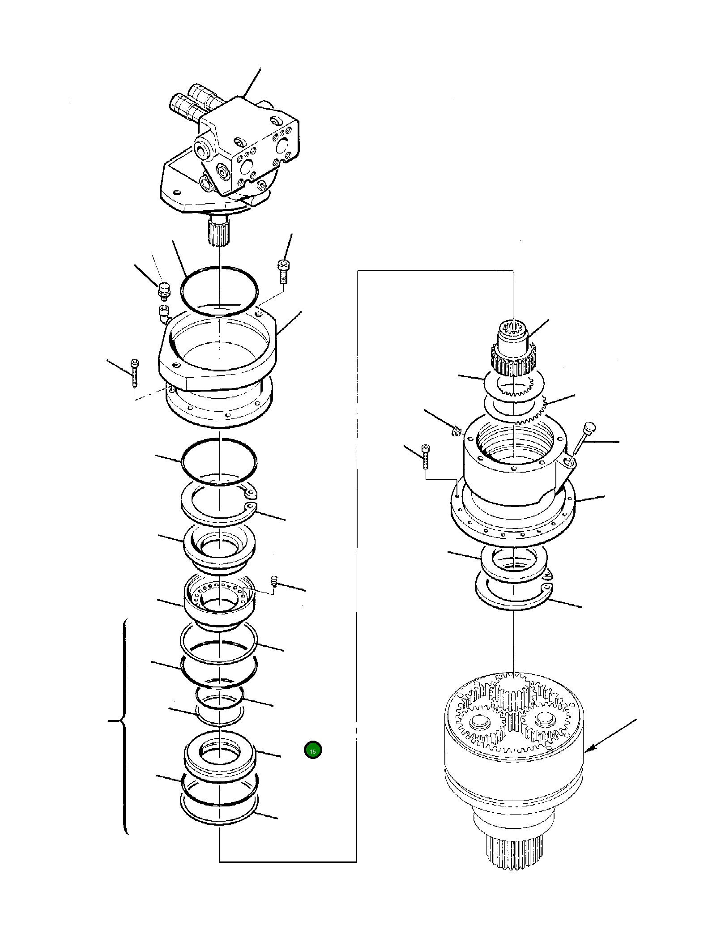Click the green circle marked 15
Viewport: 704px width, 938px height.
click(x=312, y=750)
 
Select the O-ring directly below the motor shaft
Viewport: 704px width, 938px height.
click(x=219, y=291)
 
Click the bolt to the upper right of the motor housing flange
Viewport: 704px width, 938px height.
click(x=282, y=271)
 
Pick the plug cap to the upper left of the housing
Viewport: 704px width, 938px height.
click(x=164, y=289)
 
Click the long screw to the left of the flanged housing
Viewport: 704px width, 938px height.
click(x=134, y=372)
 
